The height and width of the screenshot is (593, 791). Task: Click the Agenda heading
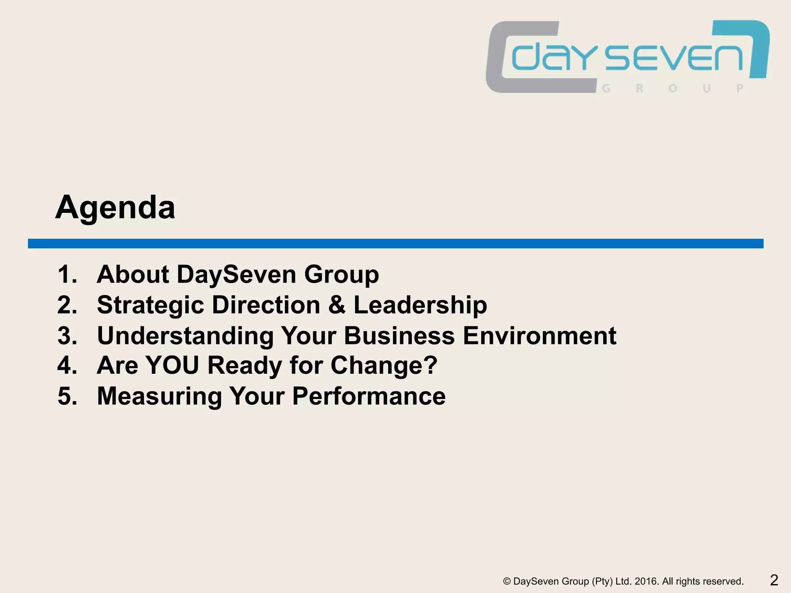pyautogui.click(x=115, y=208)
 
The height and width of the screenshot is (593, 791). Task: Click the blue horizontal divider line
pyautogui.click(x=395, y=244)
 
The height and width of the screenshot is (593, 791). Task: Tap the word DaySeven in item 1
pyautogui.click(x=237, y=274)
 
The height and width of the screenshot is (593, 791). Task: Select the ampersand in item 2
pyautogui.click(x=337, y=305)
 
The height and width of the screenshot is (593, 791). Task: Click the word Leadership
pyautogui.click(x=420, y=305)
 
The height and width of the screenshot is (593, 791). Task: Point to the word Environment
pyautogui.click(x=539, y=335)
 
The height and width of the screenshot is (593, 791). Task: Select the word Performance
pyautogui.click(x=369, y=396)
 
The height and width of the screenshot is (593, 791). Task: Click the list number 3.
pyautogui.click(x=66, y=335)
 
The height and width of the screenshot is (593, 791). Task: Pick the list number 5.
pyautogui.click(x=66, y=396)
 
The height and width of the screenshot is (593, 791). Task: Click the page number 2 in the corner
pyautogui.click(x=774, y=580)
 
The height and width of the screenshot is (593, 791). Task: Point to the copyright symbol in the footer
pyautogui.click(x=507, y=581)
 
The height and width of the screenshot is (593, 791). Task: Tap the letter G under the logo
pyautogui.click(x=606, y=88)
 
